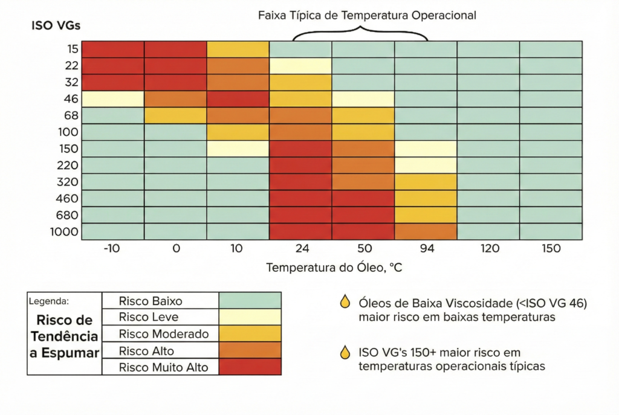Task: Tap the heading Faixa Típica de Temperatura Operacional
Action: (x=367, y=16)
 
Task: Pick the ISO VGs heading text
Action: (x=55, y=26)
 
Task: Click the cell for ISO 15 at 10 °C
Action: (x=238, y=50)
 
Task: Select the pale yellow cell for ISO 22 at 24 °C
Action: (x=300, y=66)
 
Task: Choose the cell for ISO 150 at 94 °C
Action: (x=426, y=149)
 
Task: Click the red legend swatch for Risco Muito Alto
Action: (x=250, y=367)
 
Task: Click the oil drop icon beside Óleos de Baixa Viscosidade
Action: (x=345, y=302)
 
